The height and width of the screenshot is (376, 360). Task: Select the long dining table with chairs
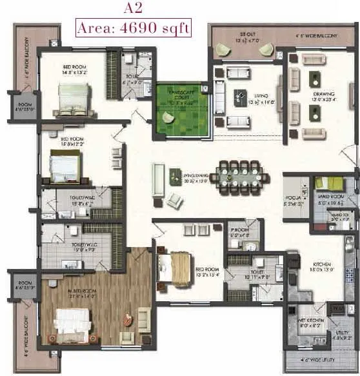[x=238, y=173]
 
